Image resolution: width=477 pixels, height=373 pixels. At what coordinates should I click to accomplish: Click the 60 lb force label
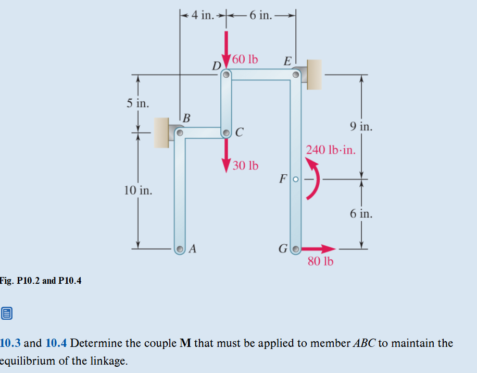[245, 59]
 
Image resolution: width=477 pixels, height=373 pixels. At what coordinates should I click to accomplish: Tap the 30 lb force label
[245, 166]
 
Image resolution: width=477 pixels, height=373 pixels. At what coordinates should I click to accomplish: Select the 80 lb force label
[320, 261]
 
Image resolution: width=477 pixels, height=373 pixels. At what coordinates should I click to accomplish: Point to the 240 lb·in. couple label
[331, 150]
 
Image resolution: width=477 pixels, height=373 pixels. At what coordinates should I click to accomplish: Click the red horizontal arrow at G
[318, 249]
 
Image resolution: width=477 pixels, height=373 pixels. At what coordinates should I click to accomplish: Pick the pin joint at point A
[180, 249]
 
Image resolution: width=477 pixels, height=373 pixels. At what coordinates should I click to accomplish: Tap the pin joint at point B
[179, 133]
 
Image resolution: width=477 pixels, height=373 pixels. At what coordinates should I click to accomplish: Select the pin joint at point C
[227, 133]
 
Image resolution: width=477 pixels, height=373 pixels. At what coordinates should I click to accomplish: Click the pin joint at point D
[226, 75]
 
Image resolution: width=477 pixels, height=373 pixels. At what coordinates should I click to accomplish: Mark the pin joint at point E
[296, 75]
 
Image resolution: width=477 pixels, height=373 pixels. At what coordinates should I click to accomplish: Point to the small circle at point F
[295, 179]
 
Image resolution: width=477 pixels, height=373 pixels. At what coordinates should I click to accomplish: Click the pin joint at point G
[295, 249]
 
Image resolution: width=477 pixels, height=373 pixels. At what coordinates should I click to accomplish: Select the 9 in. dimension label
[361, 126]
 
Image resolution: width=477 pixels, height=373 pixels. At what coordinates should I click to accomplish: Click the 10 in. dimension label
[138, 190]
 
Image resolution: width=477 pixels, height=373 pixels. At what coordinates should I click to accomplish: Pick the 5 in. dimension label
[138, 103]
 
